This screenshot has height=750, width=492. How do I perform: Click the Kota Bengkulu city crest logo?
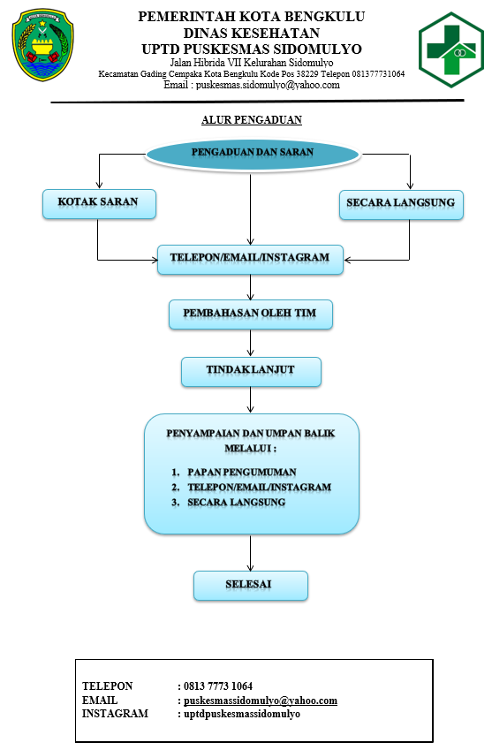point(43,45)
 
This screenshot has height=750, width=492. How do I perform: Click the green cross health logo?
point(450,49)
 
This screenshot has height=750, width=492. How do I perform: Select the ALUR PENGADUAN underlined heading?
point(252,119)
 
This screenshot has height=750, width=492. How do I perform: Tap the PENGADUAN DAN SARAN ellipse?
point(252,154)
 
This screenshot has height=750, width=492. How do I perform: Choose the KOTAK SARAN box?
point(99,204)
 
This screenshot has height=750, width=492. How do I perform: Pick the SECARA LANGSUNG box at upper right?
point(401,205)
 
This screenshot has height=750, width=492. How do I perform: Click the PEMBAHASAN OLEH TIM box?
point(251,314)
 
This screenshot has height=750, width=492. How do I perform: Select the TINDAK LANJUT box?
point(251,371)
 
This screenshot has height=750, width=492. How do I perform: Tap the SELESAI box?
point(251,586)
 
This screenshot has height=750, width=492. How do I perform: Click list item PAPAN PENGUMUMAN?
point(242,472)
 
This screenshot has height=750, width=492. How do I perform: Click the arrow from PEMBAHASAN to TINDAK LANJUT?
point(251,343)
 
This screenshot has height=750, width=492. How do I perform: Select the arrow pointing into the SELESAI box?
point(251,552)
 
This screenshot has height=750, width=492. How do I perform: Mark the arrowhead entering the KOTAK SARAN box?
point(99,186)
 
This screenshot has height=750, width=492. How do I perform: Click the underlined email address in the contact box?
point(261,701)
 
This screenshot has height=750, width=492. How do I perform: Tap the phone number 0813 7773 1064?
point(218,686)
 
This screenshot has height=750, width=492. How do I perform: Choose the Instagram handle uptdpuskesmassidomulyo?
point(242,714)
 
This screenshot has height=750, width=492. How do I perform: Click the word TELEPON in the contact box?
point(107,686)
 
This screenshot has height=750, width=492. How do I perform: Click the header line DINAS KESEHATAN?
point(252,33)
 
